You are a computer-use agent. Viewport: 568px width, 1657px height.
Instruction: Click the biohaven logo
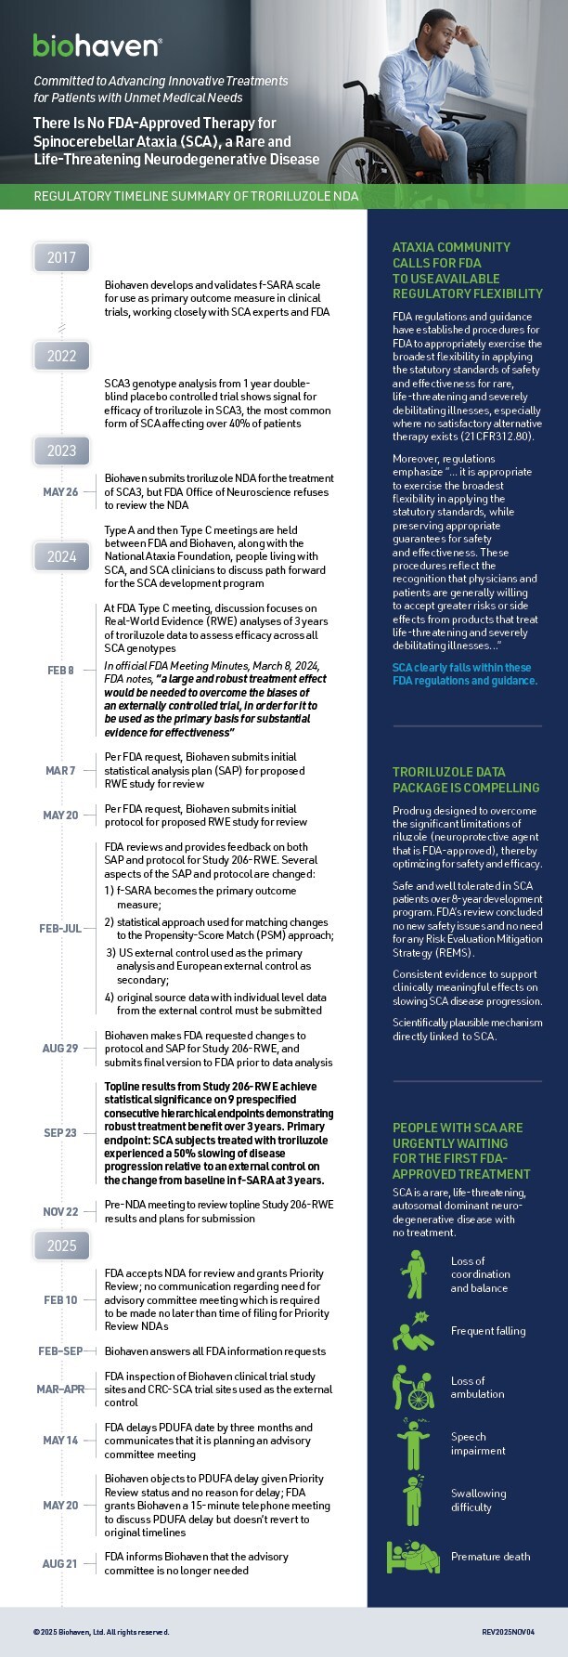[x=97, y=45]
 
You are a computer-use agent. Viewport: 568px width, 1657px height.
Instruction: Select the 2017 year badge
[x=61, y=257]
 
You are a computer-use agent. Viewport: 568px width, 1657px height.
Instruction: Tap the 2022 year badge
[x=61, y=356]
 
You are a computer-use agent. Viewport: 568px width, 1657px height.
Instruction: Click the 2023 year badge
[x=61, y=450]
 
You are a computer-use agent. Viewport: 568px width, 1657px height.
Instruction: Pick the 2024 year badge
[x=61, y=557]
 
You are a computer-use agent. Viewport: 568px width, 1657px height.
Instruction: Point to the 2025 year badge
[x=61, y=1246]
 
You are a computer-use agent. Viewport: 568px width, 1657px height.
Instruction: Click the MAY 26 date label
[x=60, y=492]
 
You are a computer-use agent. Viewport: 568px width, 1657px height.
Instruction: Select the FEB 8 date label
[x=60, y=670]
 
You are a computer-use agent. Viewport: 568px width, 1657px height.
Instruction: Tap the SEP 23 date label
[x=60, y=1132]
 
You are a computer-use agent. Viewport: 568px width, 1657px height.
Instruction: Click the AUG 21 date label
[x=60, y=1563]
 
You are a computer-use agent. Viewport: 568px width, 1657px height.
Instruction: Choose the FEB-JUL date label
[x=60, y=929]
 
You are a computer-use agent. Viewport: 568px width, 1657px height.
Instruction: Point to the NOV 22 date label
[x=60, y=1211]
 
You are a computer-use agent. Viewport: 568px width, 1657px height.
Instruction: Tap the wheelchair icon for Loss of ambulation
[x=412, y=1387]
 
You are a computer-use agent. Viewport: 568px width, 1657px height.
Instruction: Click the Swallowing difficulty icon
[x=412, y=1499]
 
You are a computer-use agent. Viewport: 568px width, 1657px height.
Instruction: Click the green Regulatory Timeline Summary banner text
[x=195, y=197]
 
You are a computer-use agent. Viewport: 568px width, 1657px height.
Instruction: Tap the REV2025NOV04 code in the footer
[x=508, y=1631]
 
